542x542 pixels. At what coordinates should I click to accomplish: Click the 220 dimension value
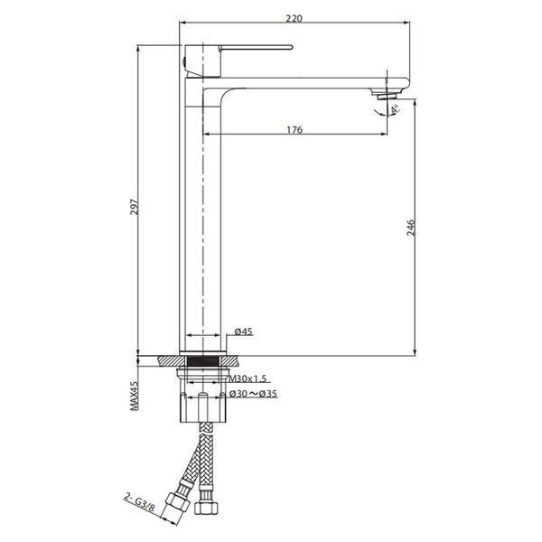294,18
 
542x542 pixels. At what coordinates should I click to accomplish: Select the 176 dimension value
294,129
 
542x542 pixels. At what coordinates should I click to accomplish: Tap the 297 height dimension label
134,207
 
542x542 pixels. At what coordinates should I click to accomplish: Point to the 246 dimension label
411,228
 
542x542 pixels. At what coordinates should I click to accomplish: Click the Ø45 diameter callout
244,332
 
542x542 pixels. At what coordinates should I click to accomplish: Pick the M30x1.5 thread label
248,378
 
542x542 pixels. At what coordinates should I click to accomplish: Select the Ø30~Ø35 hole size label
253,394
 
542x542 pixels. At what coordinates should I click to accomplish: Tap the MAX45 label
134,396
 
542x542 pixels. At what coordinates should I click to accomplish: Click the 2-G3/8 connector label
139,503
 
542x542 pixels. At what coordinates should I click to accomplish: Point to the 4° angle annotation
395,109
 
